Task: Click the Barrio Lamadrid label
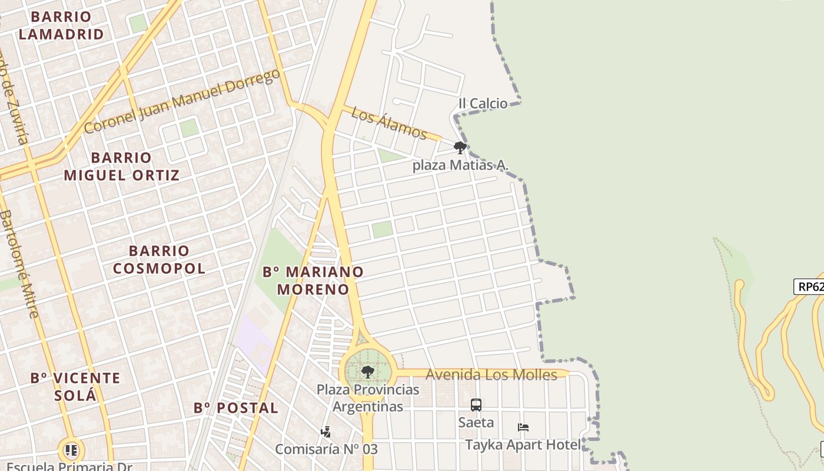pyautogui.click(x=61, y=25)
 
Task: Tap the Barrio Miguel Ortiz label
pyautogui.click(x=122, y=167)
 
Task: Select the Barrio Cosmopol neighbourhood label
pyautogui.click(x=159, y=260)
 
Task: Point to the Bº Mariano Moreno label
pyautogui.click(x=313, y=281)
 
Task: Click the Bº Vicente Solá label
pyautogui.click(x=75, y=386)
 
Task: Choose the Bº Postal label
pyautogui.click(x=236, y=408)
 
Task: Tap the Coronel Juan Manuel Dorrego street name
pyautogui.click(x=182, y=102)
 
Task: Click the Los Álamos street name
pyautogui.click(x=389, y=123)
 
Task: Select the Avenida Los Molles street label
pyautogui.click(x=491, y=375)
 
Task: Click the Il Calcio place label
pyautogui.click(x=483, y=104)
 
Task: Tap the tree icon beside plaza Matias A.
pyautogui.click(x=460, y=148)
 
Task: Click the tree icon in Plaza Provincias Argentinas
pyautogui.click(x=368, y=372)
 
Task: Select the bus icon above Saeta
pyautogui.click(x=476, y=405)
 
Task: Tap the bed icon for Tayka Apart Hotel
pyautogui.click(x=523, y=427)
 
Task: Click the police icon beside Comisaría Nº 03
pyautogui.click(x=325, y=432)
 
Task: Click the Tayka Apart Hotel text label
pyautogui.click(x=523, y=445)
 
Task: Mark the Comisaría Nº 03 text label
pyautogui.click(x=327, y=449)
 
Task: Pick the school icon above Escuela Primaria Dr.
pyautogui.click(x=71, y=451)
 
